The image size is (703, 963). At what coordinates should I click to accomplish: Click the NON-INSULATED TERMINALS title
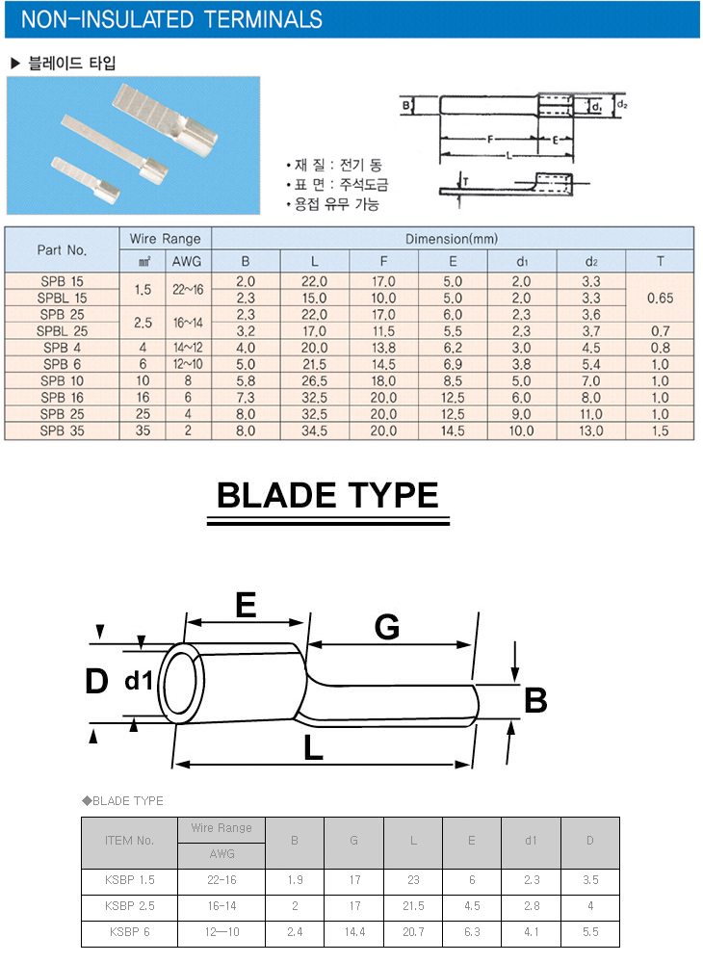pos(171,19)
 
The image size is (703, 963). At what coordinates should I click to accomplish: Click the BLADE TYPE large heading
pos(327,495)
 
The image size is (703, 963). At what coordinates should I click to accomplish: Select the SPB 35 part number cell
pos(63,431)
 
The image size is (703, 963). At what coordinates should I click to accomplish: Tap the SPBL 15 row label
pos(63,298)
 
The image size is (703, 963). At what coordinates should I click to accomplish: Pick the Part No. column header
pos(63,250)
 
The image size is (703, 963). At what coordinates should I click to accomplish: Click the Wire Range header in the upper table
pos(166,239)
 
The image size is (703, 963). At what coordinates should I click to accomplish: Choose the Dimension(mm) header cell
pos(452,239)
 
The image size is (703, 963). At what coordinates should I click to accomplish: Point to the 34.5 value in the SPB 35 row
pos(314,431)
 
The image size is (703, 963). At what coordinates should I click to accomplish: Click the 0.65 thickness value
pos(660,298)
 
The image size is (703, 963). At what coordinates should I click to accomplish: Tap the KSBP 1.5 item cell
pos(131,879)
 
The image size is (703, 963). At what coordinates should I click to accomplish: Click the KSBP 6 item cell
pos(131,932)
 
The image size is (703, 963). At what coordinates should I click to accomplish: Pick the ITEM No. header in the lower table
pos(129,841)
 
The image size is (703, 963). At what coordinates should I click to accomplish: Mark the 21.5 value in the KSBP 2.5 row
pos(413,906)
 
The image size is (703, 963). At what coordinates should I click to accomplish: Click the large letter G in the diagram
pos(386,628)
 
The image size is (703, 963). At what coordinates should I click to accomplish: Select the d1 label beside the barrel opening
pos(139,682)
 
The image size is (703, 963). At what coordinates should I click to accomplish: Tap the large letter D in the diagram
pos(95,682)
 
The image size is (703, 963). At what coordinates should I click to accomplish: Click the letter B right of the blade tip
pos(535,700)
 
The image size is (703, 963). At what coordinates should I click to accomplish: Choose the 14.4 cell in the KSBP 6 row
pos(354,932)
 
